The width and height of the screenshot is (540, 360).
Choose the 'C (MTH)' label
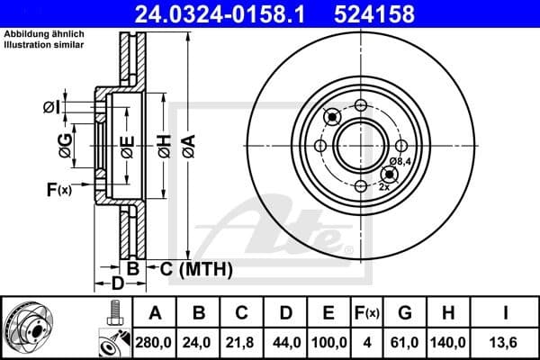(196, 268)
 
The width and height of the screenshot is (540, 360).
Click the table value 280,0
(156, 342)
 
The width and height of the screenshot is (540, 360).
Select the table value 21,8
(242, 342)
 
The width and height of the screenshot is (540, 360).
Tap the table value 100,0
(328, 342)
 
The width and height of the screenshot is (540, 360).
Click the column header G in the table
(405, 314)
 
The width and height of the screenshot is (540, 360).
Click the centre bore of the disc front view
(361, 144)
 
